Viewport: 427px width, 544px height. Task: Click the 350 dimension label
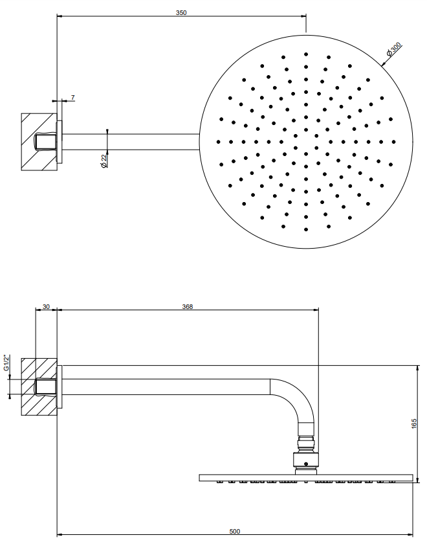click(181, 13)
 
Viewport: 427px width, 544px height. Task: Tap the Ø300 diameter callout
click(394, 49)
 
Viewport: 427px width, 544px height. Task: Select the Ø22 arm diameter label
click(104, 161)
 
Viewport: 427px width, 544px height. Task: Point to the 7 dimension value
click(72, 98)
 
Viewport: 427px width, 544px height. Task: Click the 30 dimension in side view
click(46, 307)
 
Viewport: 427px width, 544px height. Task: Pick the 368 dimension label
click(188, 307)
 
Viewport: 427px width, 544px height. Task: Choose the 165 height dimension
click(414, 424)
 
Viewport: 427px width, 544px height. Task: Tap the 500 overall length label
click(235, 532)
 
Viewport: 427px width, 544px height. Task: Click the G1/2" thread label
click(6, 363)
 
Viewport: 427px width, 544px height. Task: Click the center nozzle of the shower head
click(306, 142)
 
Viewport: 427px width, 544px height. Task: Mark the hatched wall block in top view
click(39, 142)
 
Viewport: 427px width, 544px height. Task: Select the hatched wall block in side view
click(39, 387)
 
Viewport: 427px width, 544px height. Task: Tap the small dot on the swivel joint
click(305, 464)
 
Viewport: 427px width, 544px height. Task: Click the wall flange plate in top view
click(60, 142)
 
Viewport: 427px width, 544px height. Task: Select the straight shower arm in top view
click(131, 142)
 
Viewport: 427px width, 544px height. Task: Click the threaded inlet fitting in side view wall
click(46, 387)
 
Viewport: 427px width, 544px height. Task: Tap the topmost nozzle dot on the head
click(306, 54)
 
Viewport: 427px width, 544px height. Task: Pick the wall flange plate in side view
click(60, 387)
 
